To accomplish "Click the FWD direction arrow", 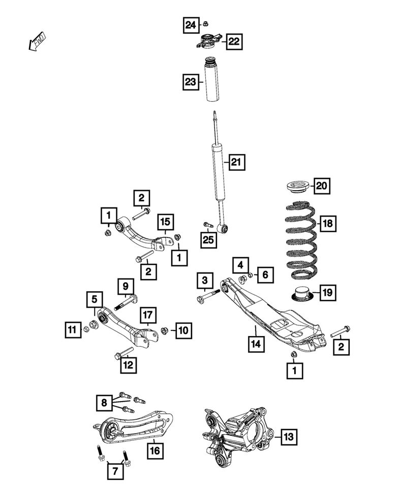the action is (37, 41).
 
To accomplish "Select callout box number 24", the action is (191, 25).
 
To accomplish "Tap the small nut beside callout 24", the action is (205, 24).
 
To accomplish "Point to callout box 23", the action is (191, 82).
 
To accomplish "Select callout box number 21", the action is (237, 162).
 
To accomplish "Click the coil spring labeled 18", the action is (301, 239).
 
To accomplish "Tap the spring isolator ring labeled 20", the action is (298, 188).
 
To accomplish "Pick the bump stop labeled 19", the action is (301, 293).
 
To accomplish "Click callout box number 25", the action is (208, 239).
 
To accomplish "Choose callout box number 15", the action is (165, 222).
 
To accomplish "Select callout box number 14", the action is (256, 344).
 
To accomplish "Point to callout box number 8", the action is (104, 403).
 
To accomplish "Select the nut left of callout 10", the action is (165, 330).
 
